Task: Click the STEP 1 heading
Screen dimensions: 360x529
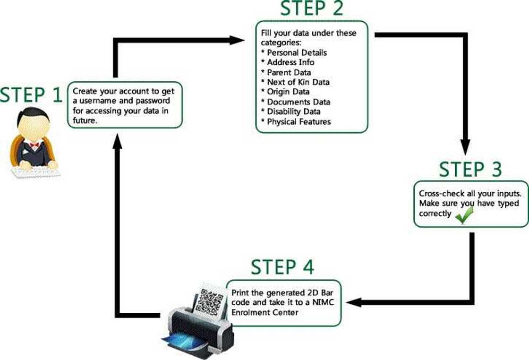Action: tap(31, 95)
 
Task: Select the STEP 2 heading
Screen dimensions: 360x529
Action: tap(312, 9)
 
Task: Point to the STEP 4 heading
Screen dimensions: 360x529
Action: tap(282, 267)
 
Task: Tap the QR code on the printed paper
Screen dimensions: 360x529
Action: tap(209, 301)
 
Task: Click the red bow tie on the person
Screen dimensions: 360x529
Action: tap(34, 144)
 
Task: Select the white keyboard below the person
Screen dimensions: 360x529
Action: tap(36, 172)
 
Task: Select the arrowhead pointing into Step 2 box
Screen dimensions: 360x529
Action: tap(238, 40)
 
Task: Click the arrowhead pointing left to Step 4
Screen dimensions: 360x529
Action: tap(353, 302)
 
